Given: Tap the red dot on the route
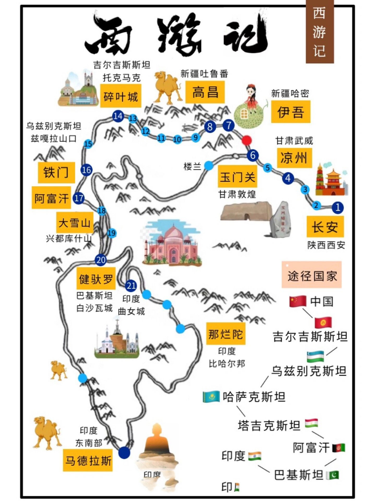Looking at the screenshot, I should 246,140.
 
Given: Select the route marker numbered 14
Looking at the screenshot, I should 118,116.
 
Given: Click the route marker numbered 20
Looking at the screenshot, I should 101,260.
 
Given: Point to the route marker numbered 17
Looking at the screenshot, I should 79,198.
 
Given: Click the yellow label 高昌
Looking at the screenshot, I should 205,92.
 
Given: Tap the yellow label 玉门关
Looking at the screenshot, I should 237,177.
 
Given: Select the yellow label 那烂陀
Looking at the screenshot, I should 226,334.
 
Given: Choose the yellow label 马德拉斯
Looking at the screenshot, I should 88,461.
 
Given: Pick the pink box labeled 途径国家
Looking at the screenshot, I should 312,276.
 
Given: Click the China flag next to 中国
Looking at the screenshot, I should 298,301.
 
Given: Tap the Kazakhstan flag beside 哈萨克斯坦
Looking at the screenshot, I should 211,397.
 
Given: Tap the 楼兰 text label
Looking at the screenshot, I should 192,166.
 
